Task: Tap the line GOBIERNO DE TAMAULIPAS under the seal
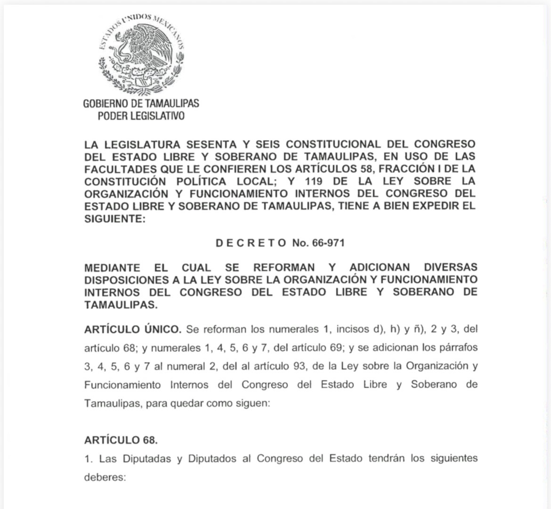[141, 103]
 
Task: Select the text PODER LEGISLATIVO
[141, 116]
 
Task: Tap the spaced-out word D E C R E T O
[251, 243]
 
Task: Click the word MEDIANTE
[112, 268]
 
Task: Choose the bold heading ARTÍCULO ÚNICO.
[132, 329]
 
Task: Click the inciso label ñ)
[419, 329]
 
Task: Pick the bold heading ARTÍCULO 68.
[121, 440]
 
